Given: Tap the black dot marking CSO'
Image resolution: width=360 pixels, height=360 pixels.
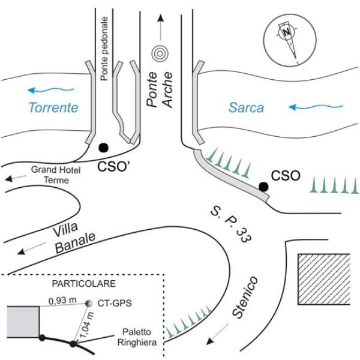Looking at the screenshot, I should [x=103, y=147].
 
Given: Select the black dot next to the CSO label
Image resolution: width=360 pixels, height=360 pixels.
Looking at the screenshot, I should [x=263, y=187].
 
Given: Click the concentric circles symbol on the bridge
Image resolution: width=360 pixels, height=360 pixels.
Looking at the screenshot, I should [x=159, y=53].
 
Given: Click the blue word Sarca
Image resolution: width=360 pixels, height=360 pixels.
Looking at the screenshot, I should [x=247, y=108].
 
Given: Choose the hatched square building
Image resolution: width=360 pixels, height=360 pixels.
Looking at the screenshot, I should [x=324, y=278].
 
